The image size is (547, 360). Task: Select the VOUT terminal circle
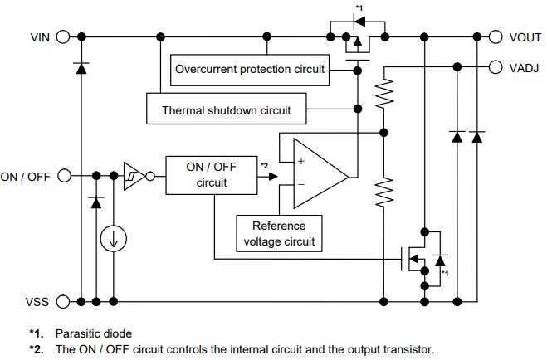[496, 36]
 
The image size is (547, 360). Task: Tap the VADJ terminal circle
[496, 68]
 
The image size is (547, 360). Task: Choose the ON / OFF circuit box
[206, 175]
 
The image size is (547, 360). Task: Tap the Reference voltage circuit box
[279, 232]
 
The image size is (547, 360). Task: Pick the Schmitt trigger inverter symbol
[133, 176]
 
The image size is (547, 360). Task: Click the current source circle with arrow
[114, 240]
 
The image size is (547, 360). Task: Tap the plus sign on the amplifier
[300, 162]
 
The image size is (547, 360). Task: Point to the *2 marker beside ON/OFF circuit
[265, 167]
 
